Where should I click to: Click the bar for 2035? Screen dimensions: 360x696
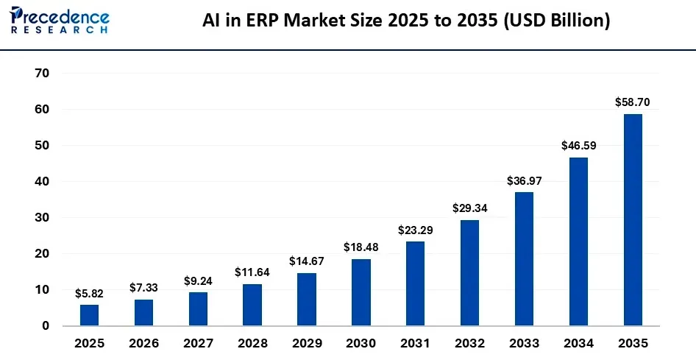pos(633,219)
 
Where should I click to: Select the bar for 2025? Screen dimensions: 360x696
pos(89,315)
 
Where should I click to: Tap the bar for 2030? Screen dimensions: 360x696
pos(361,292)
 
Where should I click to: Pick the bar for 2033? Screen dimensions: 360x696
pos(524,258)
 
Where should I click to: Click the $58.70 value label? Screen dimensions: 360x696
pos(633,102)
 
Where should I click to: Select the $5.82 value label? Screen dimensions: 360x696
pos(89,293)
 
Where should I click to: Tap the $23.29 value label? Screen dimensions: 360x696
pos(416,230)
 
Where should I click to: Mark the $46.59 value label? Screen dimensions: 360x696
pos(578,146)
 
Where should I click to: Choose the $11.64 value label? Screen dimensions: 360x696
pos(252,272)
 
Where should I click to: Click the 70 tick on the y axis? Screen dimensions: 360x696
pos(42,73)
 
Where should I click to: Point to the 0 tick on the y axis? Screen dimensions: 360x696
pos(46,325)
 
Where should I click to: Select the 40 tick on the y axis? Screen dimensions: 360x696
pos(42,181)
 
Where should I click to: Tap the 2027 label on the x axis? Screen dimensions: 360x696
pos(198,343)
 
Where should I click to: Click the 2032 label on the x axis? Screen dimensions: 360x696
pos(469,343)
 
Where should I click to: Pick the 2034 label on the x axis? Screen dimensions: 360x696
pos(578,343)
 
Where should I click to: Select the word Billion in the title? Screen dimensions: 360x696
pos(576,21)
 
